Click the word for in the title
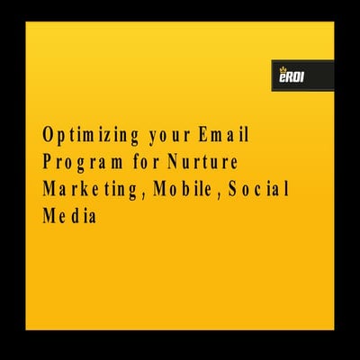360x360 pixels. [x=144, y=163]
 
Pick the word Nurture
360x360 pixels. [x=208, y=163]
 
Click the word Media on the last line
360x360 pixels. [x=69, y=217]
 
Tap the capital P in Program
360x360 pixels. [x=47, y=164]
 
